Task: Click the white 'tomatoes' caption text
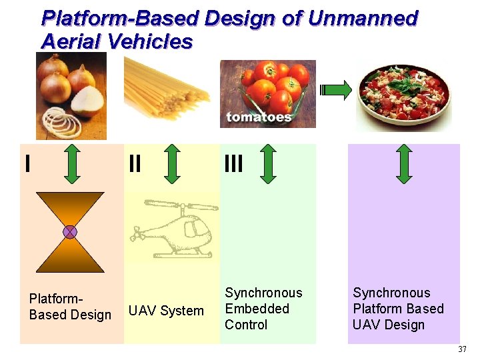259,117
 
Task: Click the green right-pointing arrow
337,91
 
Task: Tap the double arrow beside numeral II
172,163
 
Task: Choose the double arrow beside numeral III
267,163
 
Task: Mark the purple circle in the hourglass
70,232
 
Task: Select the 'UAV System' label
166,311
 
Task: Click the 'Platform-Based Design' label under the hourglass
70,307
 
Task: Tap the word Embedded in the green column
257,309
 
